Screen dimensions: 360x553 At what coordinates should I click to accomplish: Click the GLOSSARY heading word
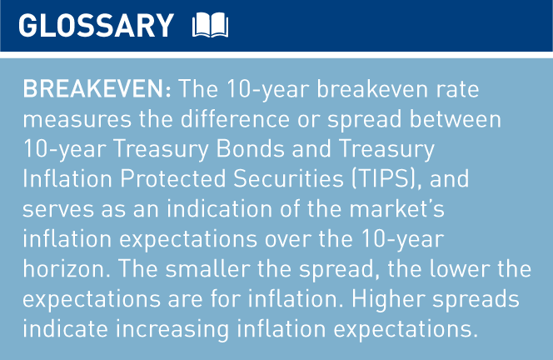pyautogui.click(x=96, y=26)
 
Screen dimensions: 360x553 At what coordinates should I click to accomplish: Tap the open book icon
pyautogui.click(x=209, y=26)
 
